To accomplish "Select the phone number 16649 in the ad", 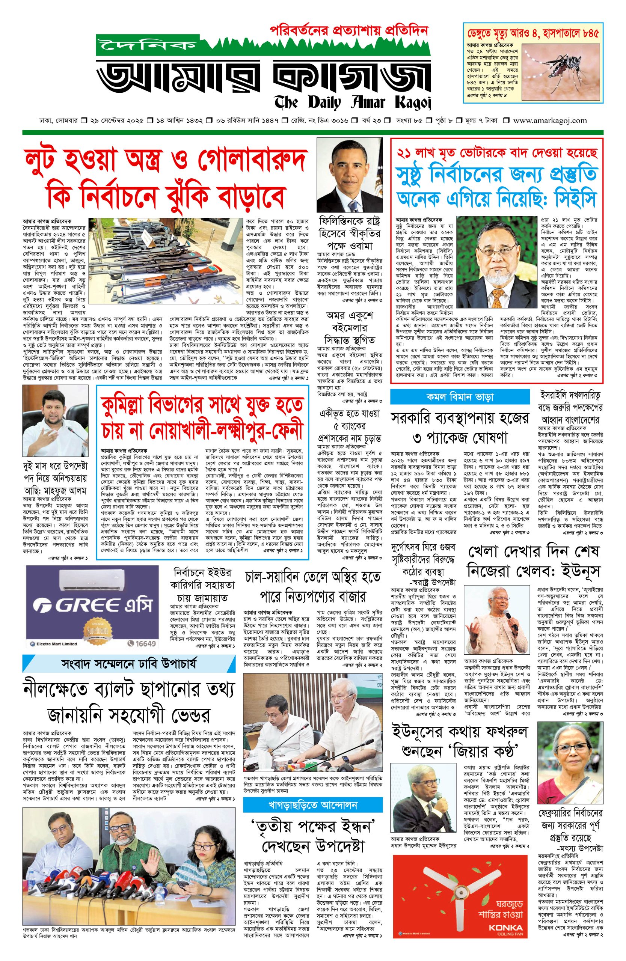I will pos(143,643).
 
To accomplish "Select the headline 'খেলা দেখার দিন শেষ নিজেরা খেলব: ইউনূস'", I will pos(533,560).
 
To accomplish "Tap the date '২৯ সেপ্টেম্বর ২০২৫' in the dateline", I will pos(117,121).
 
